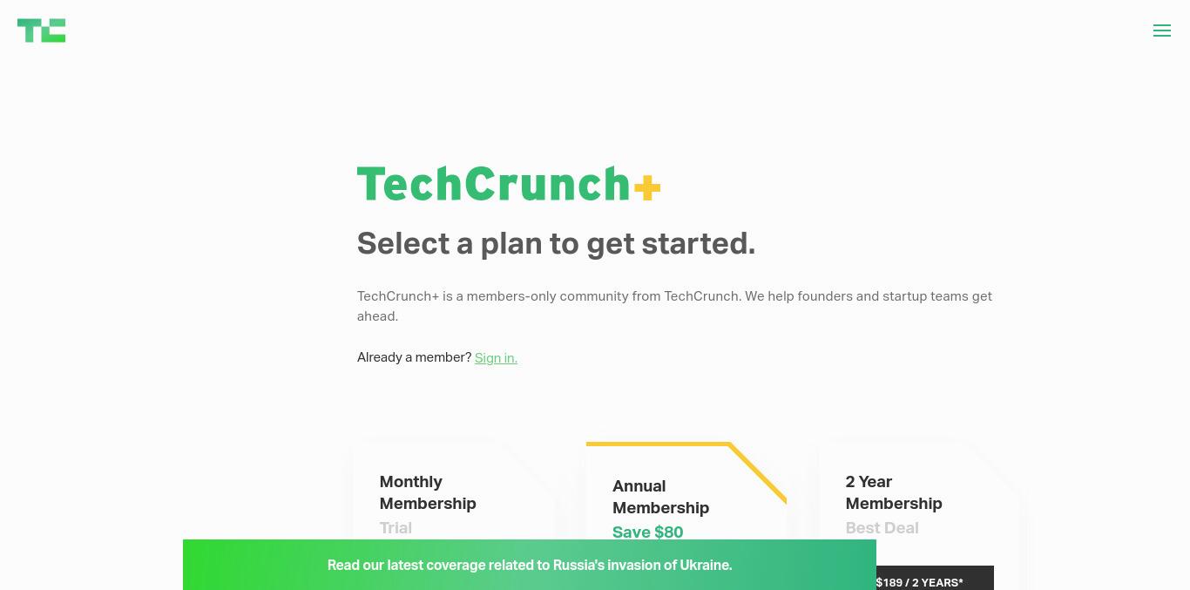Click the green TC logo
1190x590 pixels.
(x=42, y=31)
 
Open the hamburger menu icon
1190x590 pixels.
(x=1162, y=31)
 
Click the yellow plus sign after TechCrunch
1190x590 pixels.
(x=647, y=187)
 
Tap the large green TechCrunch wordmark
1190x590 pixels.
(x=494, y=184)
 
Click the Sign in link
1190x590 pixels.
(x=496, y=357)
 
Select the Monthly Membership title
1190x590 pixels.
(x=428, y=492)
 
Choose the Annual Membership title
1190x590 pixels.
(x=661, y=497)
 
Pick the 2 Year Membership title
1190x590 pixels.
(x=894, y=492)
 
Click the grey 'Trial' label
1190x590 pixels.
(x=396, y=528)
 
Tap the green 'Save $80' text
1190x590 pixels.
(x=647, y=532)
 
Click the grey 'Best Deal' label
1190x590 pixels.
(x=882, y=528)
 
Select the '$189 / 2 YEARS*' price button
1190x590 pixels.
(x=935, y=579)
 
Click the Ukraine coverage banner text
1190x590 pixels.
(x=530, y=565)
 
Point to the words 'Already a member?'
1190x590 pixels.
(x=415, y=357)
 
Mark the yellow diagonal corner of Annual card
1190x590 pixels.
(x=758, y=472)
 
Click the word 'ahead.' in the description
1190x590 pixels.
(x=377, y=316)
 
